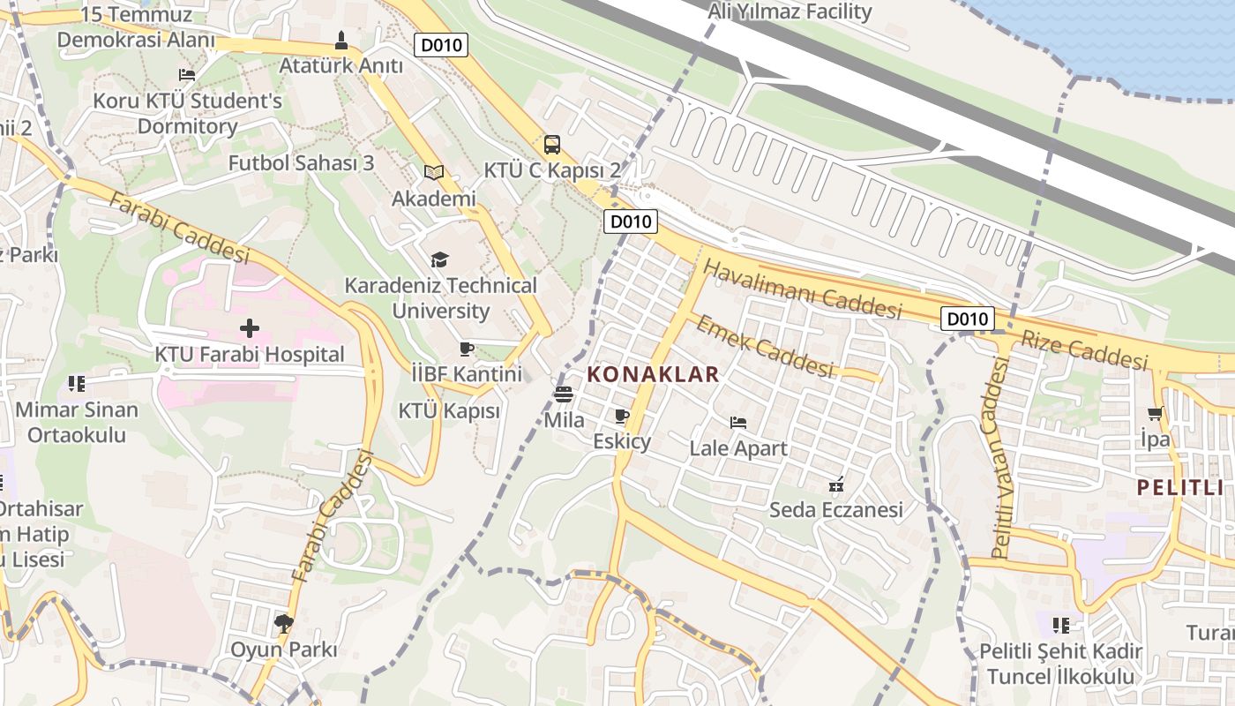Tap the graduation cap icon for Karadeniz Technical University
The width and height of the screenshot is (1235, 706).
tap(439, 259)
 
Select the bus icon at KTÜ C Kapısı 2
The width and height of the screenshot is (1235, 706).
tap(552, 145)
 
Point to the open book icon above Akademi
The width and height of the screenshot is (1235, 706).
tap(433, 172)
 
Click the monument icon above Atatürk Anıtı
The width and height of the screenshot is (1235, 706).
tap(341, 40)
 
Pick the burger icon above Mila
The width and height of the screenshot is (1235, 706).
tap(564, 394)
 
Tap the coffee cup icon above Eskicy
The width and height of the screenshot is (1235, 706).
tap(622, 416)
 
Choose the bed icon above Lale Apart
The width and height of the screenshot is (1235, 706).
tap(738, 422)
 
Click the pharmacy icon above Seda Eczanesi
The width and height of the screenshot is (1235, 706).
tap(836, 484)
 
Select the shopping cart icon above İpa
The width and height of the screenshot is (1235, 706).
tap(1155, 413)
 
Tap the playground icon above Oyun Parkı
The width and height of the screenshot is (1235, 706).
tap(284, 624)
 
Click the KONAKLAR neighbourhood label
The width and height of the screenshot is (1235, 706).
tap(654, 374)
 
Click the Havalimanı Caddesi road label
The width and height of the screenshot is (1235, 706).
tap(803, 289)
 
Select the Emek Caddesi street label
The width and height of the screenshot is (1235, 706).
tap(764, 346)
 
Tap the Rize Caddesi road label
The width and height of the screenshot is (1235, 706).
tap(1084, 349)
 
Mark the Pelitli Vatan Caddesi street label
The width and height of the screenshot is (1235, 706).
tap(999, 459)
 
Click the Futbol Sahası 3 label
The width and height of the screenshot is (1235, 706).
tap(301, 163)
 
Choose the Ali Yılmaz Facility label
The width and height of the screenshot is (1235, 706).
tap(790, 11)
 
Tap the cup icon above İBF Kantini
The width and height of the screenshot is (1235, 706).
tap(467, 349)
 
